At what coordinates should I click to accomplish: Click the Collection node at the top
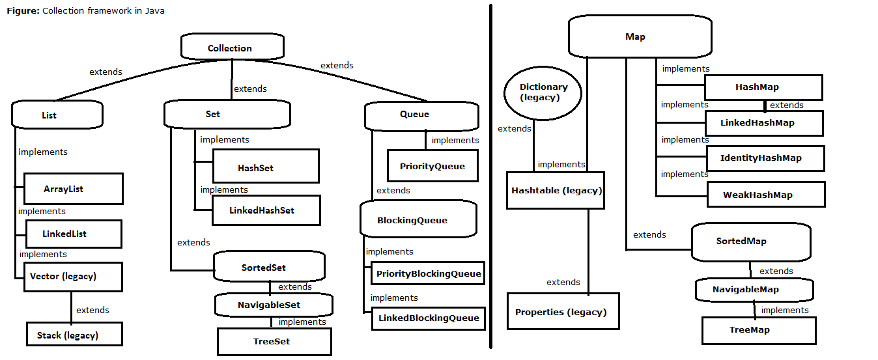click(x=231, y=48)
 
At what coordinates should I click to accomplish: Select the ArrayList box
click(x=73, y=189)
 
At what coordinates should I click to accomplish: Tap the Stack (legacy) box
click(x=74, y=335)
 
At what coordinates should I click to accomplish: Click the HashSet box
click(x=265, y=167)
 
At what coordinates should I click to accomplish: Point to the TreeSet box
click(x=274, y=341)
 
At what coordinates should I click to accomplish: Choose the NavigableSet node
click(x=274, y=305)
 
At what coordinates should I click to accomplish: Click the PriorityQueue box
click(x=432, y=166)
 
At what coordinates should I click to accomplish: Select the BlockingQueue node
click(x=418, y=219)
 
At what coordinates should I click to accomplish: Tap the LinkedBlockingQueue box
click(x=428, y=318)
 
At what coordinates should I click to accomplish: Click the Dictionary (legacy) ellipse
click(x=543, y=92)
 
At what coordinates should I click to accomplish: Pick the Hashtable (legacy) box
click(x=555, y=190)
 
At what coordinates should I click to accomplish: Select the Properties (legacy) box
click(x=562, y=311)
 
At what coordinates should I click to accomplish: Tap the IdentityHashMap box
click(x=765, y=158)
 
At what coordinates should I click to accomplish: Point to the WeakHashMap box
click(x=765, y=194)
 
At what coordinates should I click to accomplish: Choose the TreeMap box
click(x=758, y=330)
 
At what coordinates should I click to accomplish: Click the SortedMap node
click(x=750, y=241)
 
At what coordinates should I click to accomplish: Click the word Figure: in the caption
click(x=23, y=11)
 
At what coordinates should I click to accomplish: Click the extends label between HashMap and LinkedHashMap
click(x=786, y=105)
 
